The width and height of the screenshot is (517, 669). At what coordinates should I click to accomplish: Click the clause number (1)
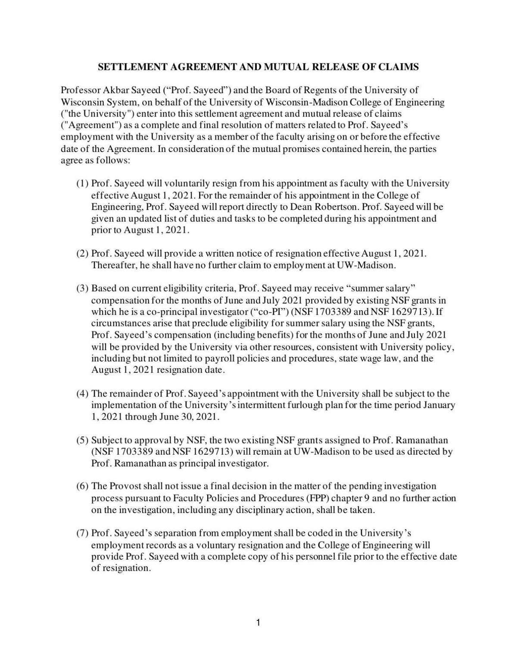coord(82,184)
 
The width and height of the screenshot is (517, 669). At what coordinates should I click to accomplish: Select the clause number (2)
coord(82,254)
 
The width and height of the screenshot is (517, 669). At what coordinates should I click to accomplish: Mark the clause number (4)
coord(82,393)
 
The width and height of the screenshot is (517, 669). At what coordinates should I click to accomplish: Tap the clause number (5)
coord(82,440)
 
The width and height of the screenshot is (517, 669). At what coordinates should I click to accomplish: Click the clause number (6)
coord(82,486)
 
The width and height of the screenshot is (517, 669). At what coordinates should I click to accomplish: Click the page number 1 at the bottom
coord(258,623)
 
